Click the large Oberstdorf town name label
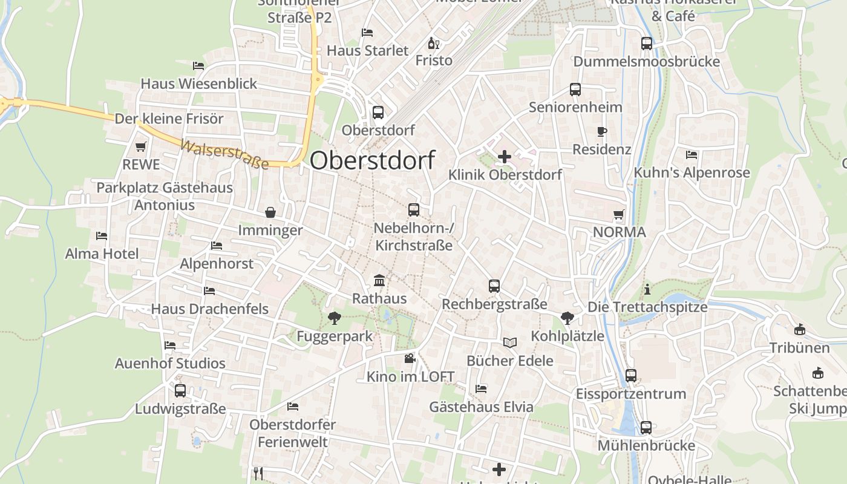372,160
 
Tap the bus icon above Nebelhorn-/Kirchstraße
414,210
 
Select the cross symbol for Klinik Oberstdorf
504,157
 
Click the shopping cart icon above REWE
141,146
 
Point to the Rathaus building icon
379,281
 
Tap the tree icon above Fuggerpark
333,318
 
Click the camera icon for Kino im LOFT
410,358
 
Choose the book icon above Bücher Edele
510,343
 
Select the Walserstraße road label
224,155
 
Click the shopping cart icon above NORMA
619,214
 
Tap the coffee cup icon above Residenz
601,131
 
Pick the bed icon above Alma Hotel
102,235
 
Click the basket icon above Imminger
270,212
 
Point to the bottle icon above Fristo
433,43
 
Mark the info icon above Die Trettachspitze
647,289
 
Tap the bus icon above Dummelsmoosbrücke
647,44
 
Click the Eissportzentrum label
630,394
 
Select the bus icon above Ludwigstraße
180,391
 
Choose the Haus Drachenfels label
209,309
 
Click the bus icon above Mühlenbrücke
646,428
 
